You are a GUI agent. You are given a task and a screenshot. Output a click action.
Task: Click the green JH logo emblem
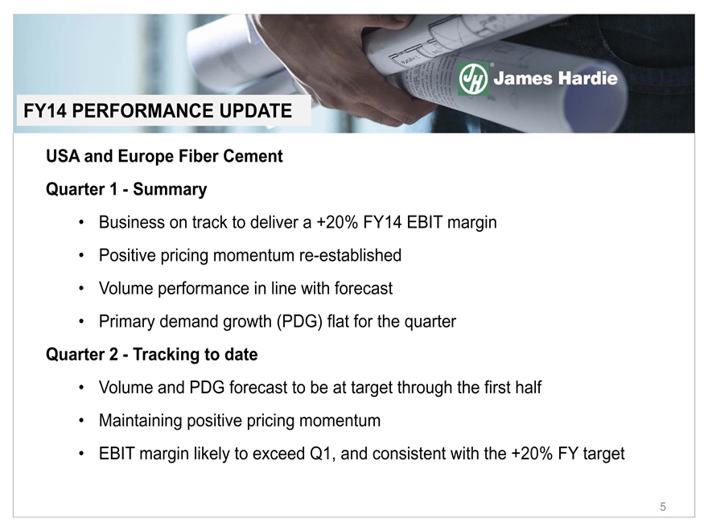(x=473, y=79)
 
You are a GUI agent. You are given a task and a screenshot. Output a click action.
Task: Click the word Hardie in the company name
(x=587, y=78)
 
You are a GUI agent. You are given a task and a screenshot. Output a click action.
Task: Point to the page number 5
(x=662, y=507)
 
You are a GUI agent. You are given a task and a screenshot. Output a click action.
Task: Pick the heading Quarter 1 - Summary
(x=126, y=189)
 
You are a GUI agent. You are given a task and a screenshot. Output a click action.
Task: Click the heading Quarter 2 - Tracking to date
(x=152, y=355)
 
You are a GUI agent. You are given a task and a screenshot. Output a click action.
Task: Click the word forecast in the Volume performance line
(x=364, y=288)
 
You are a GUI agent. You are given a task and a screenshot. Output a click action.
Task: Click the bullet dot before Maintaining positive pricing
(x=81, y=421)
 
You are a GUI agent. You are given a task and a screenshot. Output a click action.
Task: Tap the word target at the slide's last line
(x=603, y=454)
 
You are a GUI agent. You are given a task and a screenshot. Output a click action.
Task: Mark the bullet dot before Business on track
(x=81, y=223)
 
